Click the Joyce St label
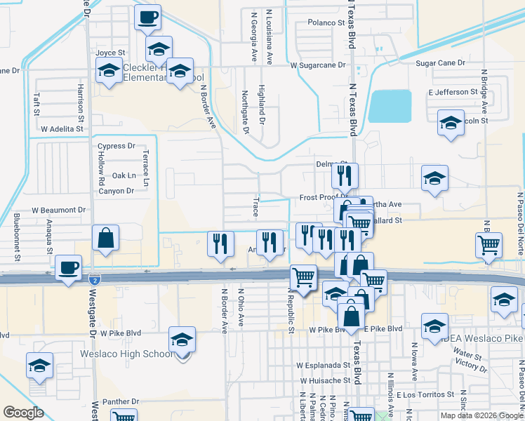click(x=110, y=53)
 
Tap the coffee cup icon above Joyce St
click(x=147, y=17)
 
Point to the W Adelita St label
click(x=62, y=129)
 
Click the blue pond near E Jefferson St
click(x=390, y=105)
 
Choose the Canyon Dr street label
click(x=117, y=191)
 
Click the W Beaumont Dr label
click(x=58, y=210)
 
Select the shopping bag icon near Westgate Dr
click(x=105, y=237)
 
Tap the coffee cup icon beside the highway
click(x=69, y=268)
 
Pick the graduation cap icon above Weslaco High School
click(x=182, y=339)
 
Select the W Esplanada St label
click(x=323, y=365)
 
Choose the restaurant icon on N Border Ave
click(x=220, y=243)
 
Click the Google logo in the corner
click(x=23, y=413)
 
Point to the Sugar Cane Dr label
click(x=441, y=63)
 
